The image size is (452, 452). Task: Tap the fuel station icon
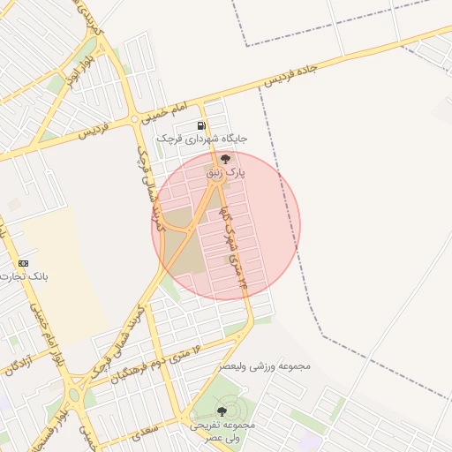tap(201, 125)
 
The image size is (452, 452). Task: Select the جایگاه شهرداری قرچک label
tap(202, 139)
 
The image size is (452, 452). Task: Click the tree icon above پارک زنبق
tap(225, 160)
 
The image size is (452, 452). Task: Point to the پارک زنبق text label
tap(225, 173)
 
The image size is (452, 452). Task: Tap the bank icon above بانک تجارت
tap(23, 263)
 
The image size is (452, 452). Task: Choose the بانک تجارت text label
tap(26, 276)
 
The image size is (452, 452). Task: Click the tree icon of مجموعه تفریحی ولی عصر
tap(222, 411)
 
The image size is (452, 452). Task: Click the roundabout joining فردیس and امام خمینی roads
tap(134, 117)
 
